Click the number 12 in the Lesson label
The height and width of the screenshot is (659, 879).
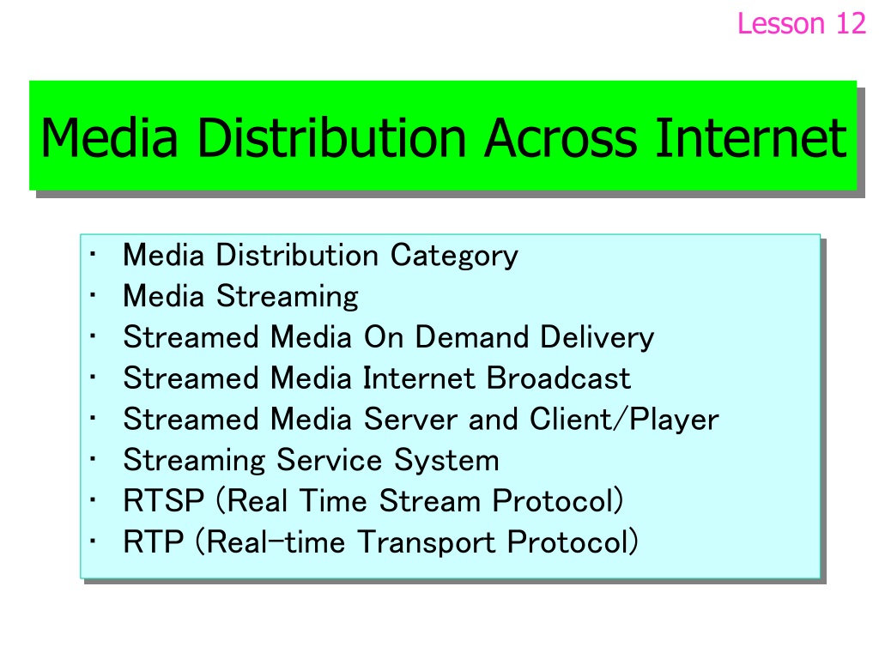tap(851, 23)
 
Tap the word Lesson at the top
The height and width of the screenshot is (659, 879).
tap(781, 23)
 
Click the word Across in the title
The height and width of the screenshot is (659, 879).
tap(561, 138)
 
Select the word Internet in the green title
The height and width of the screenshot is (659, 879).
tap(751, 138)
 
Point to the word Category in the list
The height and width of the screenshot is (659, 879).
tap(454, 256)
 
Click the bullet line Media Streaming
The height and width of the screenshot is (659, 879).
tap(240, 296)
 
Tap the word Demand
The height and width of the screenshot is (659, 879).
tap(472, 337)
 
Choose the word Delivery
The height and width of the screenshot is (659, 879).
tap(597, 338)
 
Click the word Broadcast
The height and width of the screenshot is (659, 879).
tap(558, 378)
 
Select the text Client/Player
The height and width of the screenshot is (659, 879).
tap(624, 420)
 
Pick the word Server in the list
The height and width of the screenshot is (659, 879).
tap(411, 420)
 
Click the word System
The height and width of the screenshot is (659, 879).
tap(446, 461)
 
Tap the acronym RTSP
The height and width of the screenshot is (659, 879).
tap(164, 501)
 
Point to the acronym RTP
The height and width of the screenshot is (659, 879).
tap(154, 542)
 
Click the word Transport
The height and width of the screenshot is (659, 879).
tap(427, 542)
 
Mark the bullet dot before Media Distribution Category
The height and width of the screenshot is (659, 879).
tap(93, 254)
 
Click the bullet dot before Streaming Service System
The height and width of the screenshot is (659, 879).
tap(93, 459)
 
